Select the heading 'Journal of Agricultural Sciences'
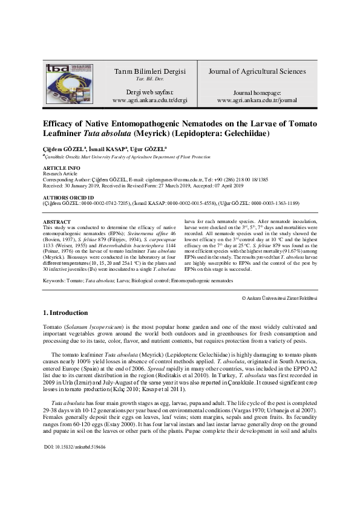[x=257, y=71]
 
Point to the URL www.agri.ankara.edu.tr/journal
[x=256, y=99]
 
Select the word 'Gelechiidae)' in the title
[x=241, y=133]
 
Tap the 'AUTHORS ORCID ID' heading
[x=67, y=198]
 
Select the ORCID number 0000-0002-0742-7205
[x=98, y=204]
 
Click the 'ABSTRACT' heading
[x=57, y=222]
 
